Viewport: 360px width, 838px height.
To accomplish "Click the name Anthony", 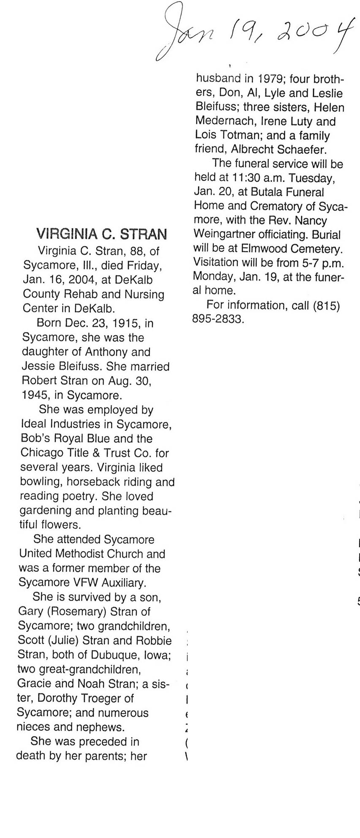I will coord(106,352).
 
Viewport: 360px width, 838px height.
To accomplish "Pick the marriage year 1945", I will coord(35,396).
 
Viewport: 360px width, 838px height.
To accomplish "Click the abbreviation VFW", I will coord(85,583).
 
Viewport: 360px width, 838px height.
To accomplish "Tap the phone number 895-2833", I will coord(218,319).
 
